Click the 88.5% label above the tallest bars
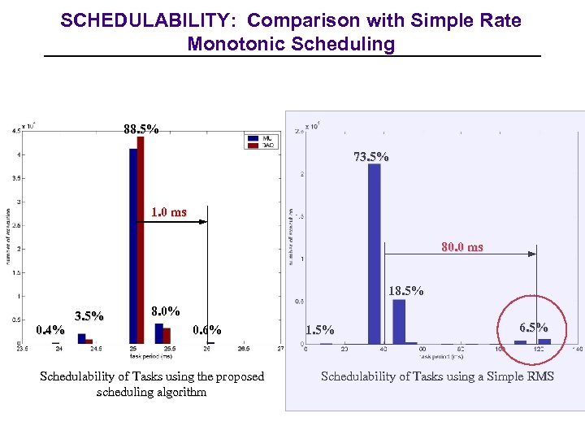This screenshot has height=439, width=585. click(141, 129)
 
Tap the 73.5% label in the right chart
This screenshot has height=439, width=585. click(370, 157)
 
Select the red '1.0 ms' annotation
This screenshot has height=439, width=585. click(169, 213)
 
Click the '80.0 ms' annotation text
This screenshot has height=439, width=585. click(462, 247)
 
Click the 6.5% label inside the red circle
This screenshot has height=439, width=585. click(534, 327)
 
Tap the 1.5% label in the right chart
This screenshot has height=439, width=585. click(319, 330)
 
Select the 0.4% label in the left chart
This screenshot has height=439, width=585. click(50, 330)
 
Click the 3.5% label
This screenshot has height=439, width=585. click(89, 316)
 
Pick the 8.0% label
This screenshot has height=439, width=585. click(166, 311)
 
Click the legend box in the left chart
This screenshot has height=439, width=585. click(262, 141)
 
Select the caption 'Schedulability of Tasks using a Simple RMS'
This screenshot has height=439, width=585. click(437, 376)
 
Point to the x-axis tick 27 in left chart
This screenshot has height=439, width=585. click(280, 349)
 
